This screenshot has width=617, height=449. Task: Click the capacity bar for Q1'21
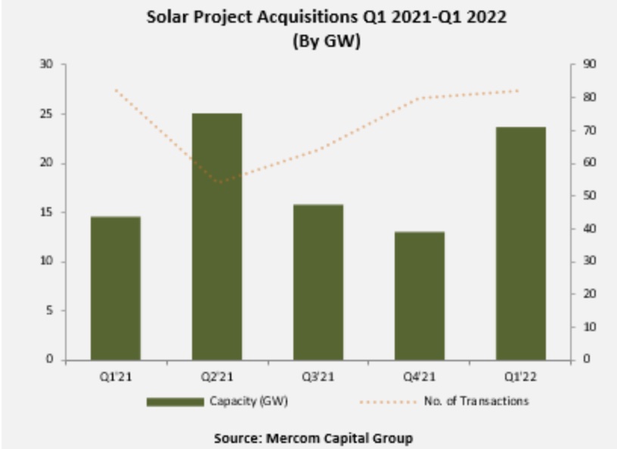point(116,288)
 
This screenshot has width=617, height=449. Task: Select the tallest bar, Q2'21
point(217,237)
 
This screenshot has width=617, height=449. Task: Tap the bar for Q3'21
point(318,282)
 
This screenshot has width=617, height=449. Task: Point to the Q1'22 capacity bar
point(520,243)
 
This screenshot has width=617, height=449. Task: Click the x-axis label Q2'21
point(217,376)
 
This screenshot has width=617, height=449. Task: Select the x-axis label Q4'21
point(420,376)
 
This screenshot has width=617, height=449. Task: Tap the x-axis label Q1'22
point(520,376)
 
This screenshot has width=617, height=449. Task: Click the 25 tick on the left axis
point(48,114)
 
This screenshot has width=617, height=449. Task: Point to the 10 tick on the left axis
point(48,262)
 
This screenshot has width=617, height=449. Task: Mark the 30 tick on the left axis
point(48,65)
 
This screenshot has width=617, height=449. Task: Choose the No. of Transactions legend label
point(486,401)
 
